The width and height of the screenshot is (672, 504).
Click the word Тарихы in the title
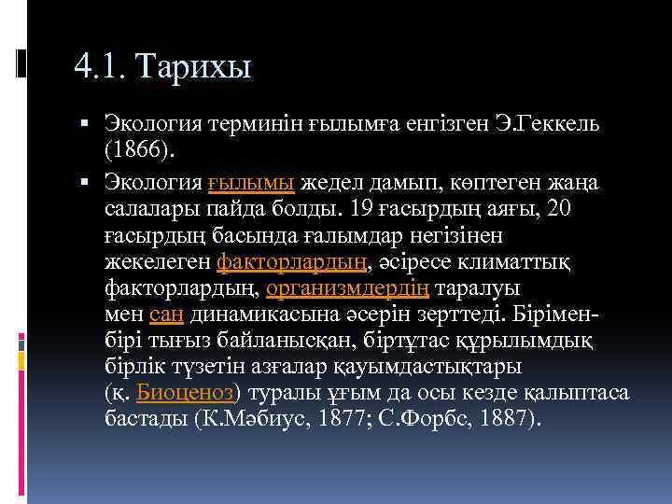pyautogui.click(x=195, y=67)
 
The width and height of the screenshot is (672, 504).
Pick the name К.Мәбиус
pyautogui.click(x=251, y=416)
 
